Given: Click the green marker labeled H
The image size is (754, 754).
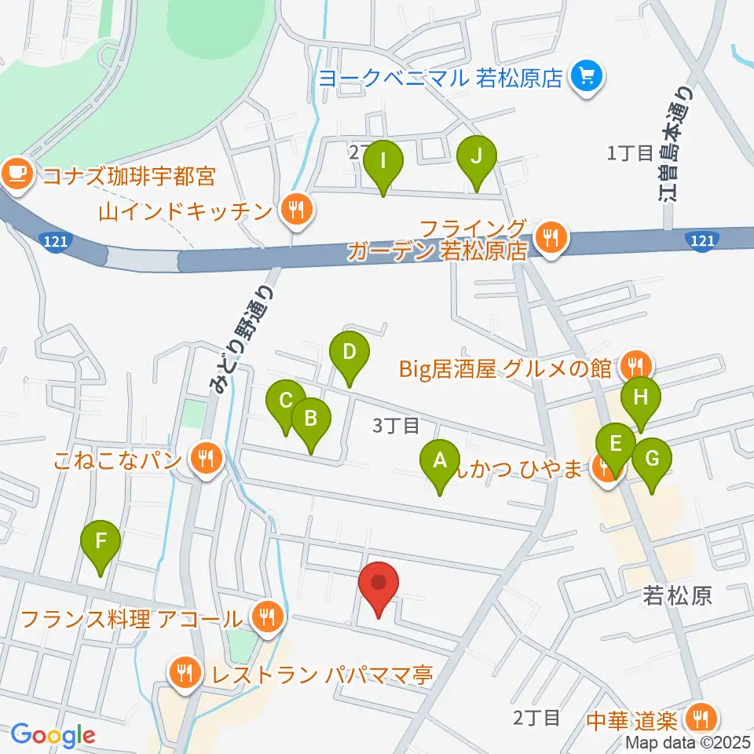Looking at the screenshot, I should (641, 402).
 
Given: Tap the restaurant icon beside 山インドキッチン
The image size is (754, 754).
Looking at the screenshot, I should (295, 210).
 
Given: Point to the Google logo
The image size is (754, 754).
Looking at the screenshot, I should (53, 735).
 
